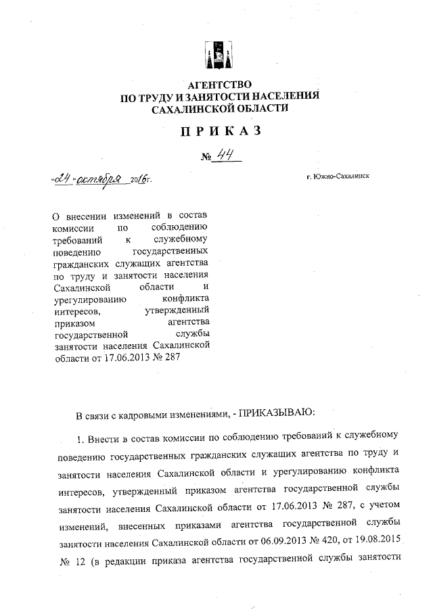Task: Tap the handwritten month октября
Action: tap(99, 181)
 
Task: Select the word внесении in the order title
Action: tap(89, 216)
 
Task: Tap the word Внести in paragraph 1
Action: tap(106, 436)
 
